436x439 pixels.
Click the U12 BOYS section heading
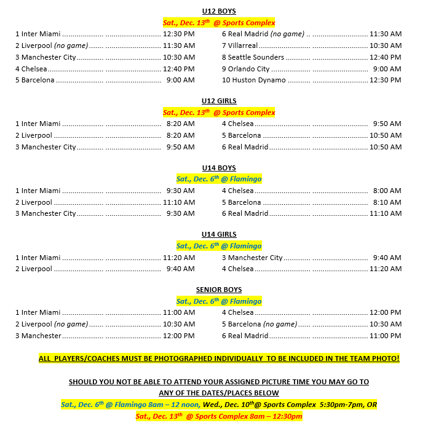(x=218, y=11)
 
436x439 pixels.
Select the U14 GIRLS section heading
(x=218, y=234)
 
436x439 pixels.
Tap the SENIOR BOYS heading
(x=218, y=290)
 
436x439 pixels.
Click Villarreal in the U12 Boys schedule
(x=243, y=45)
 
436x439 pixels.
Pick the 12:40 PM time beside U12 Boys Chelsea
(x=178, y=69)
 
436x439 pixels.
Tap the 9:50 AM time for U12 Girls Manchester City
(x=180, y=147)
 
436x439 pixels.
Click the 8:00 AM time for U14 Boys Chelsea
(x=387, y=191)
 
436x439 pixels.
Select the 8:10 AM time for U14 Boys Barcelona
(x=387, y=202)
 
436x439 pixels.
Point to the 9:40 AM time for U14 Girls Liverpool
(x=180, y=269)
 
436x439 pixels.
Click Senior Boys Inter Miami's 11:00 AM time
(x=178, y=312)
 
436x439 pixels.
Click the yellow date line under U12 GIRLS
(x=218, y=113)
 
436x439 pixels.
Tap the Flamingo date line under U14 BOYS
(x=218, y=179)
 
